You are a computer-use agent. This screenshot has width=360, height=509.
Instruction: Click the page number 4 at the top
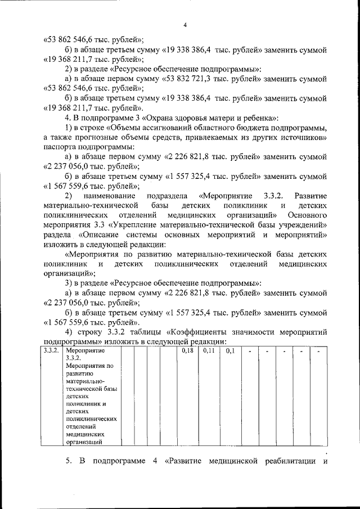tap(184, 25)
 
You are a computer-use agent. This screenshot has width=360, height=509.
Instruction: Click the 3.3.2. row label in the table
tap(52, 351)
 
